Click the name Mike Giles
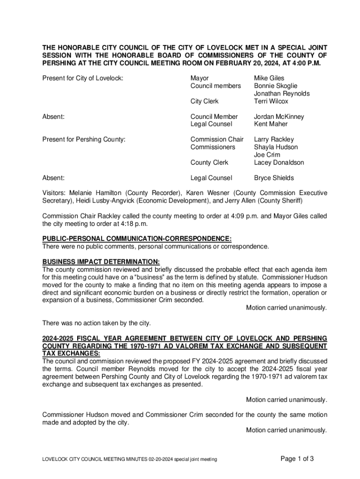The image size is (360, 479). [x=269, y=78]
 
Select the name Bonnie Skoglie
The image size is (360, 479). [x=275, y=86]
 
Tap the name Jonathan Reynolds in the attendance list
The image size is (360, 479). [x=281, y=94]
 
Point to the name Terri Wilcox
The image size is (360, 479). [x=271, y=101]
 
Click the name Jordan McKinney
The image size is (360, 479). [x=279, y=116]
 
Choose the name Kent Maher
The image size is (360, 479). [x=271, y=124]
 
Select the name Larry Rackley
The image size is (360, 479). [x=274, y=139]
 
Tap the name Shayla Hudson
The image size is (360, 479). [x=276, y=147]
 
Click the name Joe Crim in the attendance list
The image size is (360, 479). [x=267, y=155]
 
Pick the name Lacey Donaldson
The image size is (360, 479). [x=279, y=163]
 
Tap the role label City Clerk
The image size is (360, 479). [x=204, y=101]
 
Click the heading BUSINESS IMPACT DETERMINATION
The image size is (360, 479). [x=101, y=262]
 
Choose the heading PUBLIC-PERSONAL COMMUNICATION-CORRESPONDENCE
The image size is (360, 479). [x=137, y=239]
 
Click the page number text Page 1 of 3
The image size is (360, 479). [x=297, y=459]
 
